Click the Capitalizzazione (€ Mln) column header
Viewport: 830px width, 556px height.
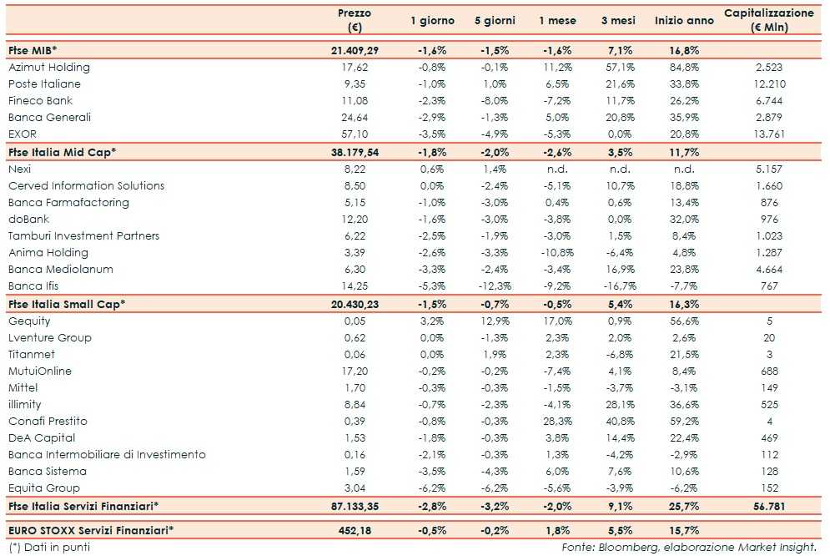768,20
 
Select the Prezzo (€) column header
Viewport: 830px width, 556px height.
355,20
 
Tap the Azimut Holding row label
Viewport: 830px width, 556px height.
48,67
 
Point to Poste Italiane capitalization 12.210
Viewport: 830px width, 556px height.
768,83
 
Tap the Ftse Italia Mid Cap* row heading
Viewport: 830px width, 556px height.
61,152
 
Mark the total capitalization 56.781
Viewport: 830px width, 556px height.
768,506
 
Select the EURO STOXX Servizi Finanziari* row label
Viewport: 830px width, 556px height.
90,529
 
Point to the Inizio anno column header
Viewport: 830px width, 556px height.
684,20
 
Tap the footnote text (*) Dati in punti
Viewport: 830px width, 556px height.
48,548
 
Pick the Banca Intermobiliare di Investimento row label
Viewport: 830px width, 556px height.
107,454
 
